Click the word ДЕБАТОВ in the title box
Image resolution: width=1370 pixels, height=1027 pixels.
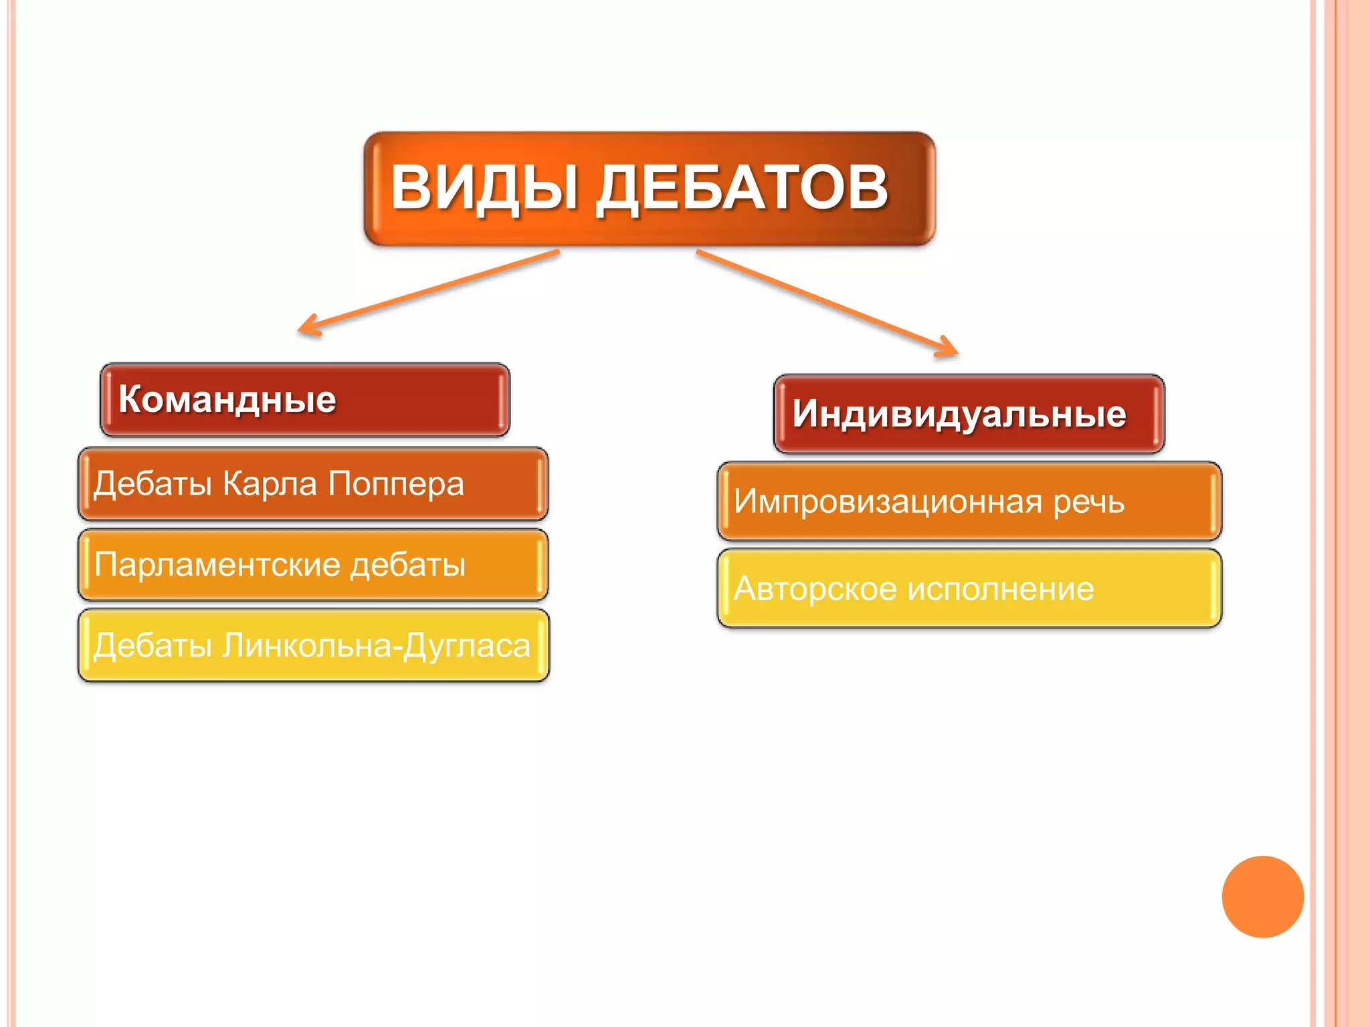pyautogui.click(x=743, y=189)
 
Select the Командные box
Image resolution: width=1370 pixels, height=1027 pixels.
pyautogui.click(x=304, y=400)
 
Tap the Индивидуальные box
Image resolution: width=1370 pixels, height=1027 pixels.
pyautogui.click(x=969, y=414)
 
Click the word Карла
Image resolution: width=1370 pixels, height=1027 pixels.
pyautogui.click(x=270, y=484)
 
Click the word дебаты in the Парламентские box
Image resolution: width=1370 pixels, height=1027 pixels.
pyautogui.click(x=408, y=565)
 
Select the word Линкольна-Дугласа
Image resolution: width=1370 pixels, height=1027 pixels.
pyautogui.click(x=377, y=647)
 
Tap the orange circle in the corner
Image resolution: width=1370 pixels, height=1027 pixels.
pyautogui.click(x=1262, y=897)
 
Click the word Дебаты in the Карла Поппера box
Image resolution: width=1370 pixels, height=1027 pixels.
pyautogui.click(x=153, y=484)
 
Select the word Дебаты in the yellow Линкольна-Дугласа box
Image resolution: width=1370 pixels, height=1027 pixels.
pyautogui.click(x=153, y=647)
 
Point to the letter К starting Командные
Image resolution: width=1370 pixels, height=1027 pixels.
pyautogui.click(x=132, y=399)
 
